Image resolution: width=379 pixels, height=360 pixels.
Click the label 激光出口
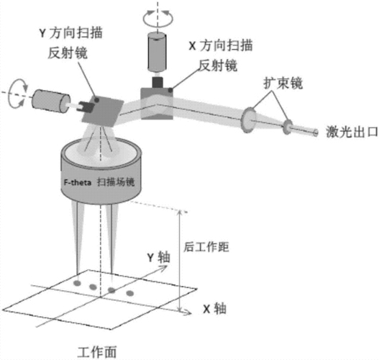point(352,132)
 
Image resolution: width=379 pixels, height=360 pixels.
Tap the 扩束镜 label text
point(283,84)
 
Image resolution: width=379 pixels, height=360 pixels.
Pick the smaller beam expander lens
point(288,127)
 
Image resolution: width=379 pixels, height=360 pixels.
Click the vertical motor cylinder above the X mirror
point(157,52)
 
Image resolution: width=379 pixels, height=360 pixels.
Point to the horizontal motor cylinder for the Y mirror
point(51,101)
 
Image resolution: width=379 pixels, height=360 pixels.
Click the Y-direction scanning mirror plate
point(103,111)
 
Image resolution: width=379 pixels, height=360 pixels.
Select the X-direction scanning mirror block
point(157,104)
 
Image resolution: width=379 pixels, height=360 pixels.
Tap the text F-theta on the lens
point(78,182)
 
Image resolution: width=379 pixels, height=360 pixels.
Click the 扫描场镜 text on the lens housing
point(116,182)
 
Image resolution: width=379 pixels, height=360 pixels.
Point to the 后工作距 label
point(206,247)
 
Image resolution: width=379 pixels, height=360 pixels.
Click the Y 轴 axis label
point(159,257)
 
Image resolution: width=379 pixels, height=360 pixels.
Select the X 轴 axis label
point(215,309)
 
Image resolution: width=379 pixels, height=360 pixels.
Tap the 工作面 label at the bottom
point(97,352)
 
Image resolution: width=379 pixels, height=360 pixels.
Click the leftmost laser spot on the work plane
point(77,283)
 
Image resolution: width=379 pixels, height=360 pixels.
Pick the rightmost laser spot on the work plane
point(130,294)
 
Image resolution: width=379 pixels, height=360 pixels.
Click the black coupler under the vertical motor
point(157,82)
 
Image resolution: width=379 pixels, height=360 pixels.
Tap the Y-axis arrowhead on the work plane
point(163,268)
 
